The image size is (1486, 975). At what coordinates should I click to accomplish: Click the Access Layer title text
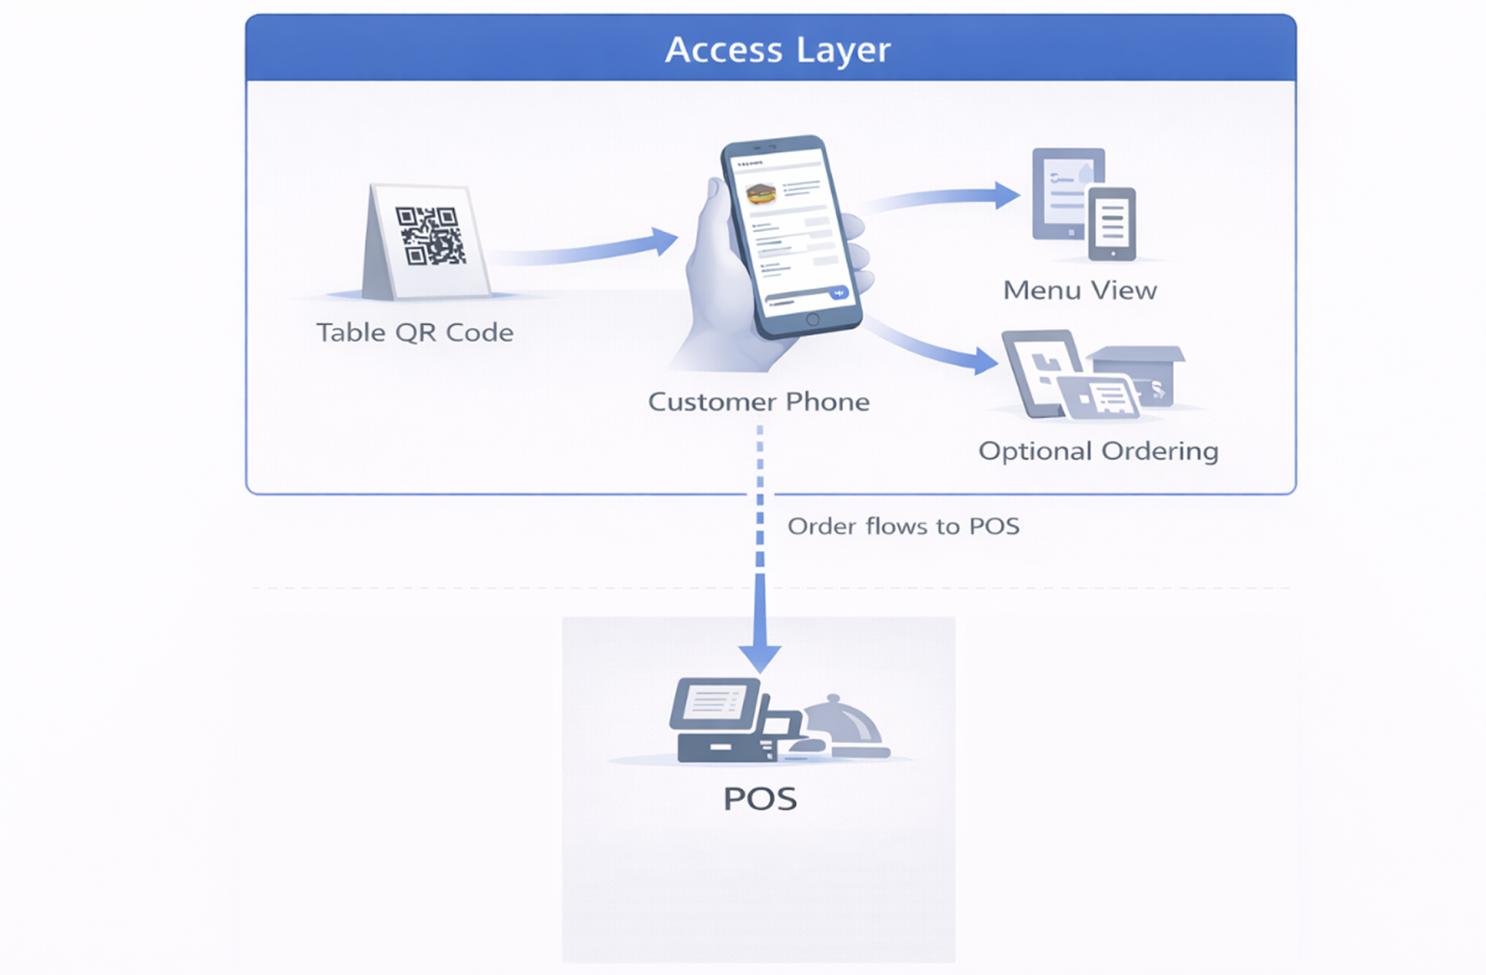pyautogui.click(x=777, y=49)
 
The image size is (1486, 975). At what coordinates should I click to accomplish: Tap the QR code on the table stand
pyautogui.click(x=430, y=236)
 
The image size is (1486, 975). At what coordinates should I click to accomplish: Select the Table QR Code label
pyautogui.click(x=414, y=332)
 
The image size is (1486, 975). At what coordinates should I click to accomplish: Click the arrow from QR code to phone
pyautogui.click(x=585, y=249)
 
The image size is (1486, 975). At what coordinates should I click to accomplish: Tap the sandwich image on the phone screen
pyautogui.click(x=762, y=195)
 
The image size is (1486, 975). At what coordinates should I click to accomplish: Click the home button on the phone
pyautogui.click(x=813, y=319)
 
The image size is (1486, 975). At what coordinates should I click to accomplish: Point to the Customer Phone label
pyautogui.click(x=759, y=402)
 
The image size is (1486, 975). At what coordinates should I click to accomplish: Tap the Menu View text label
pyautogui.click(x=1080, y=291)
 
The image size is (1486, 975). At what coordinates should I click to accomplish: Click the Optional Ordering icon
pyautogui.click(x=1091, y=374)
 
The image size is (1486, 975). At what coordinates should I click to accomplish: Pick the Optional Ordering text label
pyautogui.click(x=1098, y=451)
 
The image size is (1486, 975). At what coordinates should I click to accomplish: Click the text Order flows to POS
pyautogui.click(x=903, y=526)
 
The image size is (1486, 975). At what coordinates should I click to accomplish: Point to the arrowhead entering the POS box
pyautogui.click(x=760, y=657)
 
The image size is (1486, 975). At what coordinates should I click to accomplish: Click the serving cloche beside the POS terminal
pyautogui.click(x=841, y=724)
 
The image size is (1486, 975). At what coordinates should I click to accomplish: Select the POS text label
pyautogui.click(x=760, y=799)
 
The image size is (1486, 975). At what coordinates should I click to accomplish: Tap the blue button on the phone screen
pyautogui.click(x=839, y=293)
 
